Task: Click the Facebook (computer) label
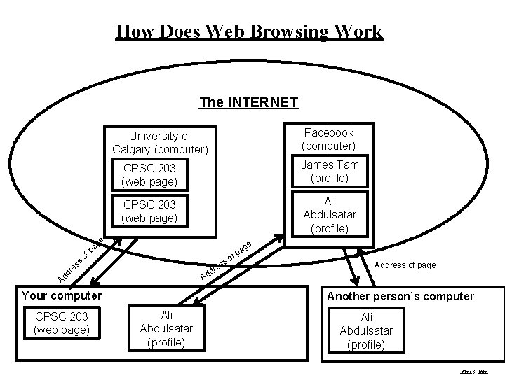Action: point(328,139)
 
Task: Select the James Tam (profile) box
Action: point(329,171)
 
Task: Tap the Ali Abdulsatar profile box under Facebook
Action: point(329,214)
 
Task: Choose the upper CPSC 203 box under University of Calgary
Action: point(149,175)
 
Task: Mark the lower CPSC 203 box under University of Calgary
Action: point(149,211)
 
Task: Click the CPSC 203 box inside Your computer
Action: point(62,323)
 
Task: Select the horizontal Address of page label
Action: point(405,265)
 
